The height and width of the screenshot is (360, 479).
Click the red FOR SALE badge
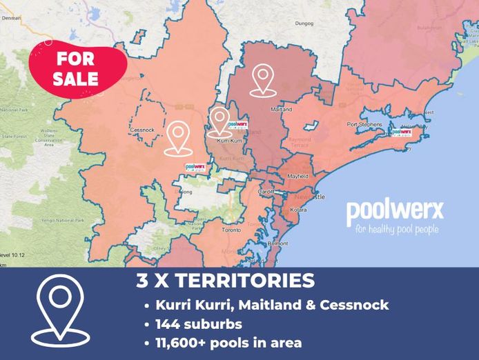pyautogui.click(x=77, y=68)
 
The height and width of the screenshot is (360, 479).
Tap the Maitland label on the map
pyautogui.click(x=282, y=110)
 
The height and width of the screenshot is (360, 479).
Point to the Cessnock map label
pyautogui.click(x=141, y=129)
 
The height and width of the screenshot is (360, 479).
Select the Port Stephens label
pyautogui.click(x=364, y=124)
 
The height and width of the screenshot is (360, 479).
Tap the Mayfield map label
pyautogui.click(x=297, y=176)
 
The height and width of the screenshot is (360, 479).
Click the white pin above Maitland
pyautogui.click(x=262, y=79)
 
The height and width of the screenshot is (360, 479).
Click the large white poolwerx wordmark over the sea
pyautogui.click(x=395, y=209)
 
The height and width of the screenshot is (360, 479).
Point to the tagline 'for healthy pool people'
pyautogui.click(x=395, y=229)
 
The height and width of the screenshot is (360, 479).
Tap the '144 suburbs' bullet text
pyautogui.click(x=197, y=323)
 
